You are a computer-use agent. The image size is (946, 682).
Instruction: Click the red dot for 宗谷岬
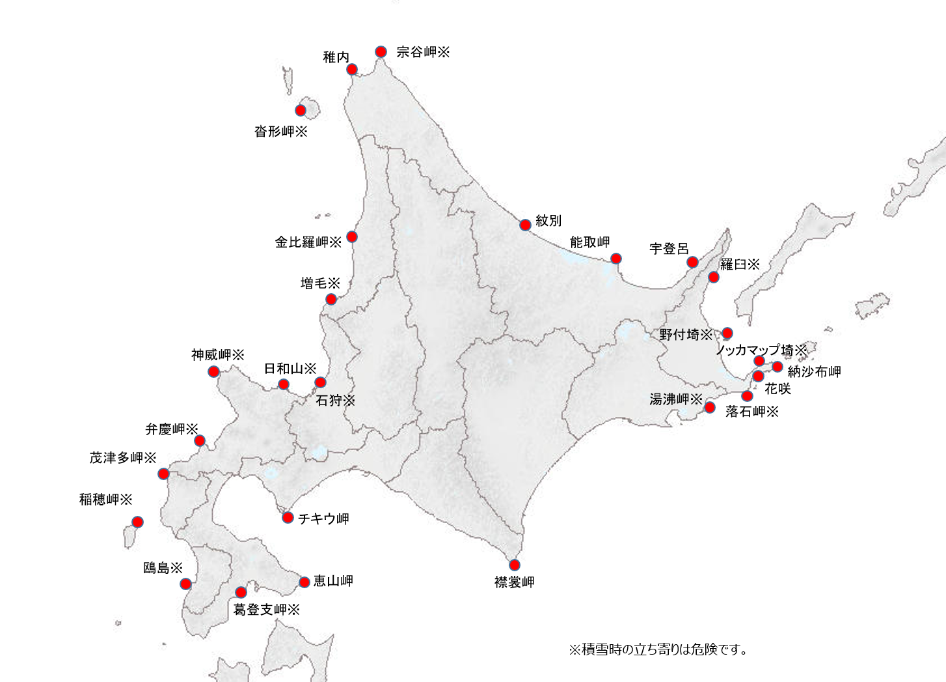point(381,51)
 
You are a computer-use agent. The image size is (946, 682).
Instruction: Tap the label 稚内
point(336,57)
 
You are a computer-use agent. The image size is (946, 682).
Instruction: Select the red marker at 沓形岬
point(301,110)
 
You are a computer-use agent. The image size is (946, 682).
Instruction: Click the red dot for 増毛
point(331,299)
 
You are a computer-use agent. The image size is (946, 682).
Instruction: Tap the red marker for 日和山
point(284,384)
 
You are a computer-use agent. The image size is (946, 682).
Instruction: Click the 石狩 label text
point(335,400)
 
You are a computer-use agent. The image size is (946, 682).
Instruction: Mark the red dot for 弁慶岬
point(200,440)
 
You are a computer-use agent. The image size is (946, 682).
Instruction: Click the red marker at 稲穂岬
point(137,522)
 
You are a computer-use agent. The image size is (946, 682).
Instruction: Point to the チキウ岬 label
point(323,519)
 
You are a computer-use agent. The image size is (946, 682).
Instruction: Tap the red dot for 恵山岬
point(304,582)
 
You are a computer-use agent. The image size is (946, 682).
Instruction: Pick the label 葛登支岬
point(266,610)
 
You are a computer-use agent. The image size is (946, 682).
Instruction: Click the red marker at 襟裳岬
point(515,565)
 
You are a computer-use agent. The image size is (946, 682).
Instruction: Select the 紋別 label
point(548,221)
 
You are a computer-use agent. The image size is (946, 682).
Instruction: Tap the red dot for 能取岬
point(615,259)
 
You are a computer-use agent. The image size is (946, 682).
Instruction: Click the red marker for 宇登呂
point(693,262)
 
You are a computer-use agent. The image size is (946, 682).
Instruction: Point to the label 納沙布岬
point(814,372)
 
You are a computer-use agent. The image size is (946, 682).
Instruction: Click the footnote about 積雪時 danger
point(658,649)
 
